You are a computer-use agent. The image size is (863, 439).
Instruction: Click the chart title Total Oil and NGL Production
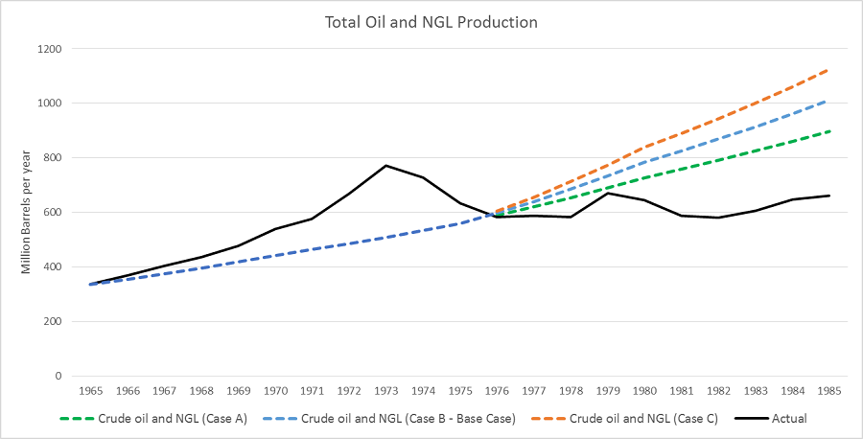click(x=431, y=20)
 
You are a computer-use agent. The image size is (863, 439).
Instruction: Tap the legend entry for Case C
click(x=641, y=419)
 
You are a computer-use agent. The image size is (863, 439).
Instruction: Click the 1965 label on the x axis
click(x=91, y=392)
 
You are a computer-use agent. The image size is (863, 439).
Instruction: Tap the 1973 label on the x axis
click(x=385, y=392)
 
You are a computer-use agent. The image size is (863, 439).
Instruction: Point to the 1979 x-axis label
click(x=607, y=392)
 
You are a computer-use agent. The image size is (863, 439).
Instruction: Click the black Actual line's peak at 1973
click(x=385, y=166)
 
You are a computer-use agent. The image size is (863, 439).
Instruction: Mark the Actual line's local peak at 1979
click(x=607, y=193)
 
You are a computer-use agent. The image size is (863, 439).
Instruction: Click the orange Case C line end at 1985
click(x=828, y=69)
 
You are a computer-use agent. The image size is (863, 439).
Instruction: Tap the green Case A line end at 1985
click(x=828, y=131)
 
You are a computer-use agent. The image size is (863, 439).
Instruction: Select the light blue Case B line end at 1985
click(x=828, y=100)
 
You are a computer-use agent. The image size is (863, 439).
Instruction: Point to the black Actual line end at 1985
click(x=828, y=196)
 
